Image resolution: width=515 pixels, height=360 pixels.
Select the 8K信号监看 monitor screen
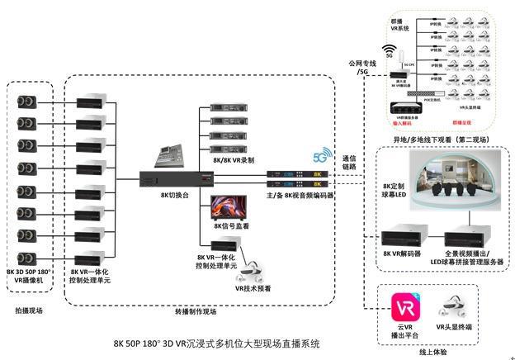click(x=228, y=206)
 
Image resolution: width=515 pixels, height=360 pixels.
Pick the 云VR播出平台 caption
click(x=404, y=332)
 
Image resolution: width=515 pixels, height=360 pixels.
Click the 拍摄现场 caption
click(x=29, y=310)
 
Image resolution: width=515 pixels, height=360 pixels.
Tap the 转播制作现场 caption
click(x=196, y=311)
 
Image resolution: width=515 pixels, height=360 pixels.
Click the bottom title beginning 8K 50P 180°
click(x=216, y=341)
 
